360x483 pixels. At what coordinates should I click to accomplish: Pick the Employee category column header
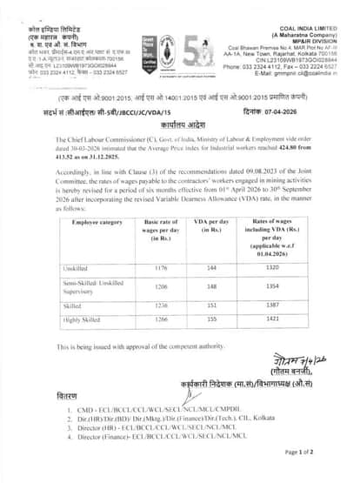pos(90,225)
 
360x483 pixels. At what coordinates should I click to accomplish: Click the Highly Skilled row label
pos(80,320)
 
